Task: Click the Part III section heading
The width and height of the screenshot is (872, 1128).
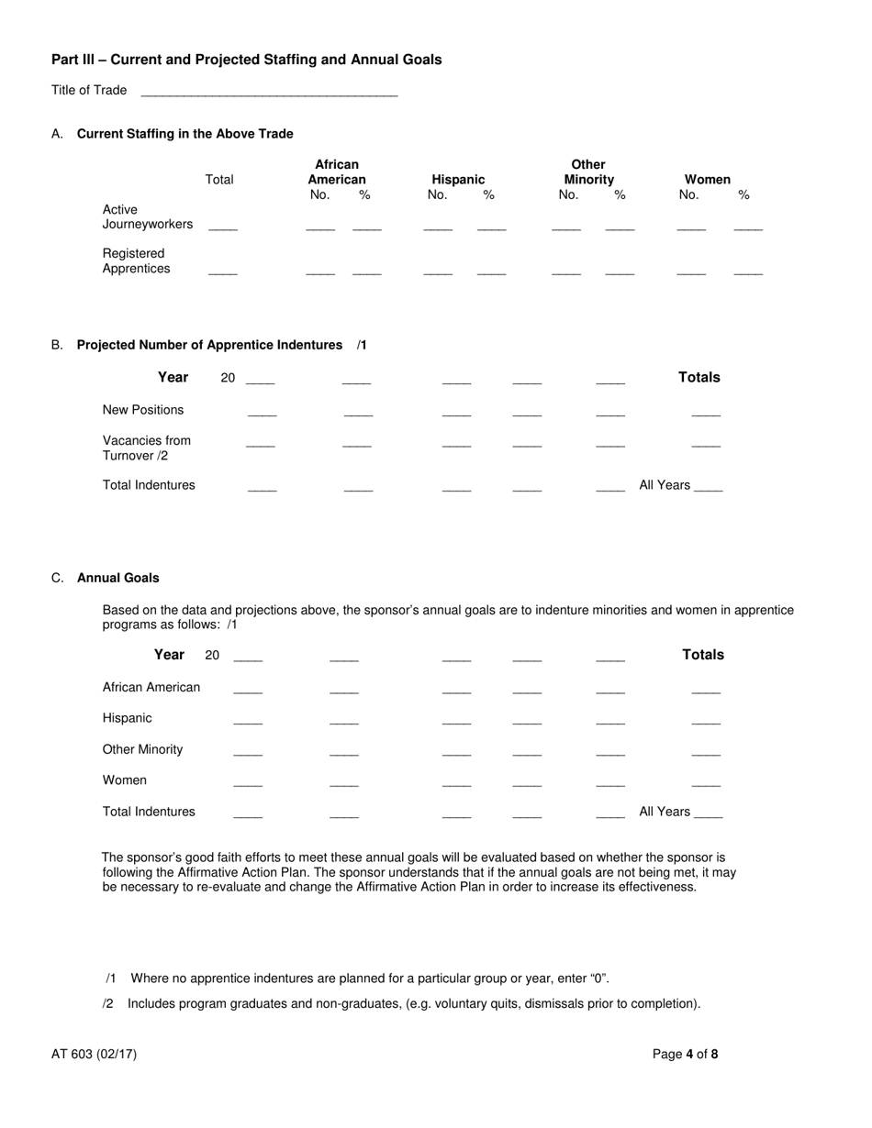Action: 246,60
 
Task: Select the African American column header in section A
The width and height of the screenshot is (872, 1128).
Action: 337,172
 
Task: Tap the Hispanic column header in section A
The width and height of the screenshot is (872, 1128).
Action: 458,180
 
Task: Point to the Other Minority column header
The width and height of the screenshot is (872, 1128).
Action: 588,172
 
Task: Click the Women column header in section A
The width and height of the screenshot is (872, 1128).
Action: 707,180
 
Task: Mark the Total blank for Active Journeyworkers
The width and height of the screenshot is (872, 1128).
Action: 223,227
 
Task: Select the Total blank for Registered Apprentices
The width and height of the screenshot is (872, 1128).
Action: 223,271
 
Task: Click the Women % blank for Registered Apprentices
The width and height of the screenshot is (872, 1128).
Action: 748,271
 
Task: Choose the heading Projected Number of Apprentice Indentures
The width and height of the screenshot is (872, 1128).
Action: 209,345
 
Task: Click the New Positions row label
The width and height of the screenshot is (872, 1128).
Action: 143,410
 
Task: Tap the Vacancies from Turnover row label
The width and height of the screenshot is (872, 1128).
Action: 147,448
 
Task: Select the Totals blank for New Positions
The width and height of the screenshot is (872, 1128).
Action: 706,414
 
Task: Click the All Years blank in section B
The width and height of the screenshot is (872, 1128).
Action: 709,489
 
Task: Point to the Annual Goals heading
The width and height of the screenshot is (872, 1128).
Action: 117,578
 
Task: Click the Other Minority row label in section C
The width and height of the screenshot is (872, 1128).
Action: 142,749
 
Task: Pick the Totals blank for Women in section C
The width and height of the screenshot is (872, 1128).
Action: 706,784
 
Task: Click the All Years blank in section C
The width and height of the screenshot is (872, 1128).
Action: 709,815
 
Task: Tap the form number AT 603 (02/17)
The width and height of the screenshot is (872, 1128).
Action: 95,1054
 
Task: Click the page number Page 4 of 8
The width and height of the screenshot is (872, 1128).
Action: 685,1054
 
